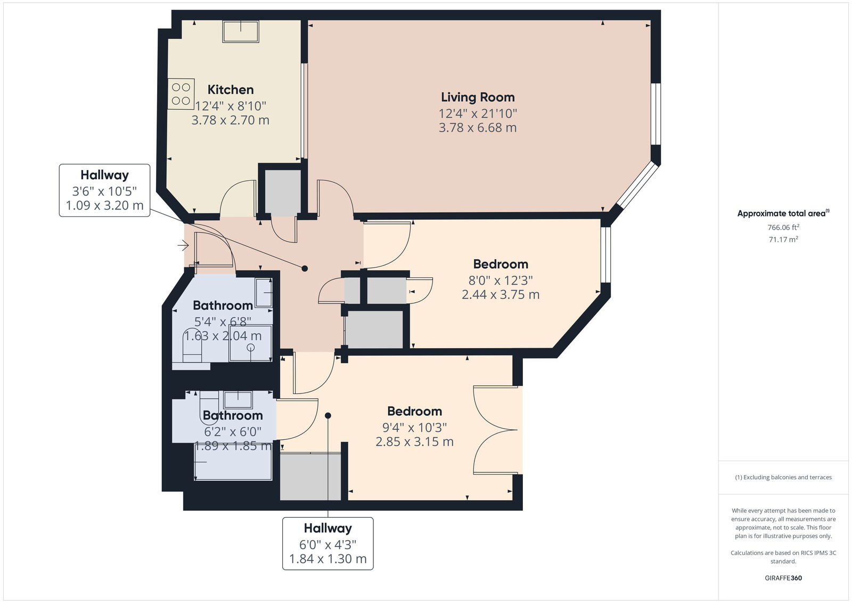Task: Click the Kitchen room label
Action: tap(231, 90)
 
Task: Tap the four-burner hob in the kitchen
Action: tap(181, 94)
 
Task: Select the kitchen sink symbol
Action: tap(241, 31)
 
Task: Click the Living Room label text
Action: tap(478, 97)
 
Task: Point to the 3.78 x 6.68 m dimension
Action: tap(478, 127)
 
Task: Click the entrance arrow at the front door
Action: tap(183, 245)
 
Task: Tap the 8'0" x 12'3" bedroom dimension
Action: tap(501, 280)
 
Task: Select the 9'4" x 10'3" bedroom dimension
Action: tap(415, 428)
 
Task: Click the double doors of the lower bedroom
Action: tap(496, 430)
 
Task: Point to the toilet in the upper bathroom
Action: tap(192, 345)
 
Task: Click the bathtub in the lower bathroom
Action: tap(233, 462)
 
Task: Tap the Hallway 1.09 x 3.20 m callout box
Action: tap(104, 190)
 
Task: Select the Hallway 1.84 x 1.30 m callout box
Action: tap(328, 544)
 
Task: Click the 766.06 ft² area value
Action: tap(783, 228)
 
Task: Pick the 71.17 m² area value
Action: tap(783, 239)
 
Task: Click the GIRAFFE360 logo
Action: tap(783, 578)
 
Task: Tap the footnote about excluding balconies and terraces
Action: tap(783, 477)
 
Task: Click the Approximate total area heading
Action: tap(783, 213)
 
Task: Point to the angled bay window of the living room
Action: tap(637, 185)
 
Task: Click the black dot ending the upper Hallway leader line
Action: tap(305, 269)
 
